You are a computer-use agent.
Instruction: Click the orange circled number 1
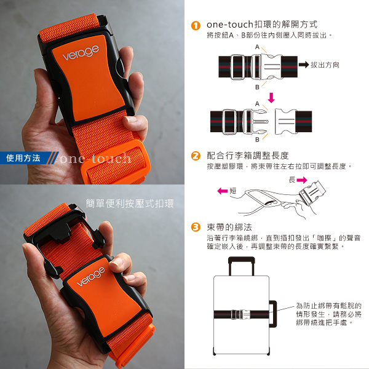(x=196, y=25)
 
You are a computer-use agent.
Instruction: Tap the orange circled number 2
(x=196, y=156)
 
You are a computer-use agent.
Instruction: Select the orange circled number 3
(x=196, y=227)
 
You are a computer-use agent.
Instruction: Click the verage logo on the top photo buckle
(x=81, y=53)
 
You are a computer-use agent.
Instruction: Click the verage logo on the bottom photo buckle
(x=91, y=277)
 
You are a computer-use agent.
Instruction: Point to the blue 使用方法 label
(x=23, y=158)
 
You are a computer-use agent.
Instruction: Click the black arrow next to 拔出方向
(x=304, y=65)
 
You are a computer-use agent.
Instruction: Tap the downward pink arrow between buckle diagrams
(x=271, y=98)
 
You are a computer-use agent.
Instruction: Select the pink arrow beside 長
(x=302, y=180)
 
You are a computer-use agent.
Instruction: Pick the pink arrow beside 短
(x=223, y=191)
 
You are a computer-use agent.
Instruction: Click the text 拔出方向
(x=325, y=65)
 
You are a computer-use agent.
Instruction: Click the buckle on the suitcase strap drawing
(x=240, y=314)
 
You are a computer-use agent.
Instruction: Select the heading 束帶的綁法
(x=229, y=228)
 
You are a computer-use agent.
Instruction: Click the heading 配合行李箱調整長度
(x=248, y=156)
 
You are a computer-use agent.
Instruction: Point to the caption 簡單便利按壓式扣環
(x=130, y=204)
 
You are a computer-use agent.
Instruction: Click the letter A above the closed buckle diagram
(x=257, y=47)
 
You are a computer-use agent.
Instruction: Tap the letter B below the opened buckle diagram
(x=257, y=140)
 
